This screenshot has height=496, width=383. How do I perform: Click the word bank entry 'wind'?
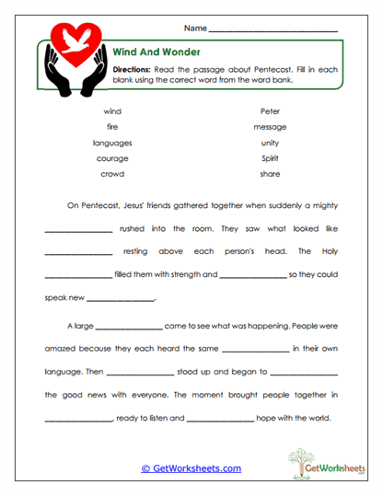[112, 110]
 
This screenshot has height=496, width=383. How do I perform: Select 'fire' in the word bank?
[112, 126]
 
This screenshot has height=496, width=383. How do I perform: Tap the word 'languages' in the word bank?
[112, 143]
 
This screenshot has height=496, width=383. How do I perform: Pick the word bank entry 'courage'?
[112, 158]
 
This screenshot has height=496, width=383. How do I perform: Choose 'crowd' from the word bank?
[112, 174]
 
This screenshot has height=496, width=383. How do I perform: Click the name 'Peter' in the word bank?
[270, 110]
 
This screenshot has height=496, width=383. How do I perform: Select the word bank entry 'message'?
[270, 126]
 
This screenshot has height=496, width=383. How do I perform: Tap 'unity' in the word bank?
[270, 143]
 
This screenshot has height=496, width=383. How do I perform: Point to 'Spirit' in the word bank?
[270, 158]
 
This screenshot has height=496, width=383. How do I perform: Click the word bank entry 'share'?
[270, 174]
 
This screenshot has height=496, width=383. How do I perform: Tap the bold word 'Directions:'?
[133, 69]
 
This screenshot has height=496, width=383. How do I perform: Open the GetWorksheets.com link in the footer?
[191, 468]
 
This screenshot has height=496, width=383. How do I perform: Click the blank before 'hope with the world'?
[220, 421]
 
